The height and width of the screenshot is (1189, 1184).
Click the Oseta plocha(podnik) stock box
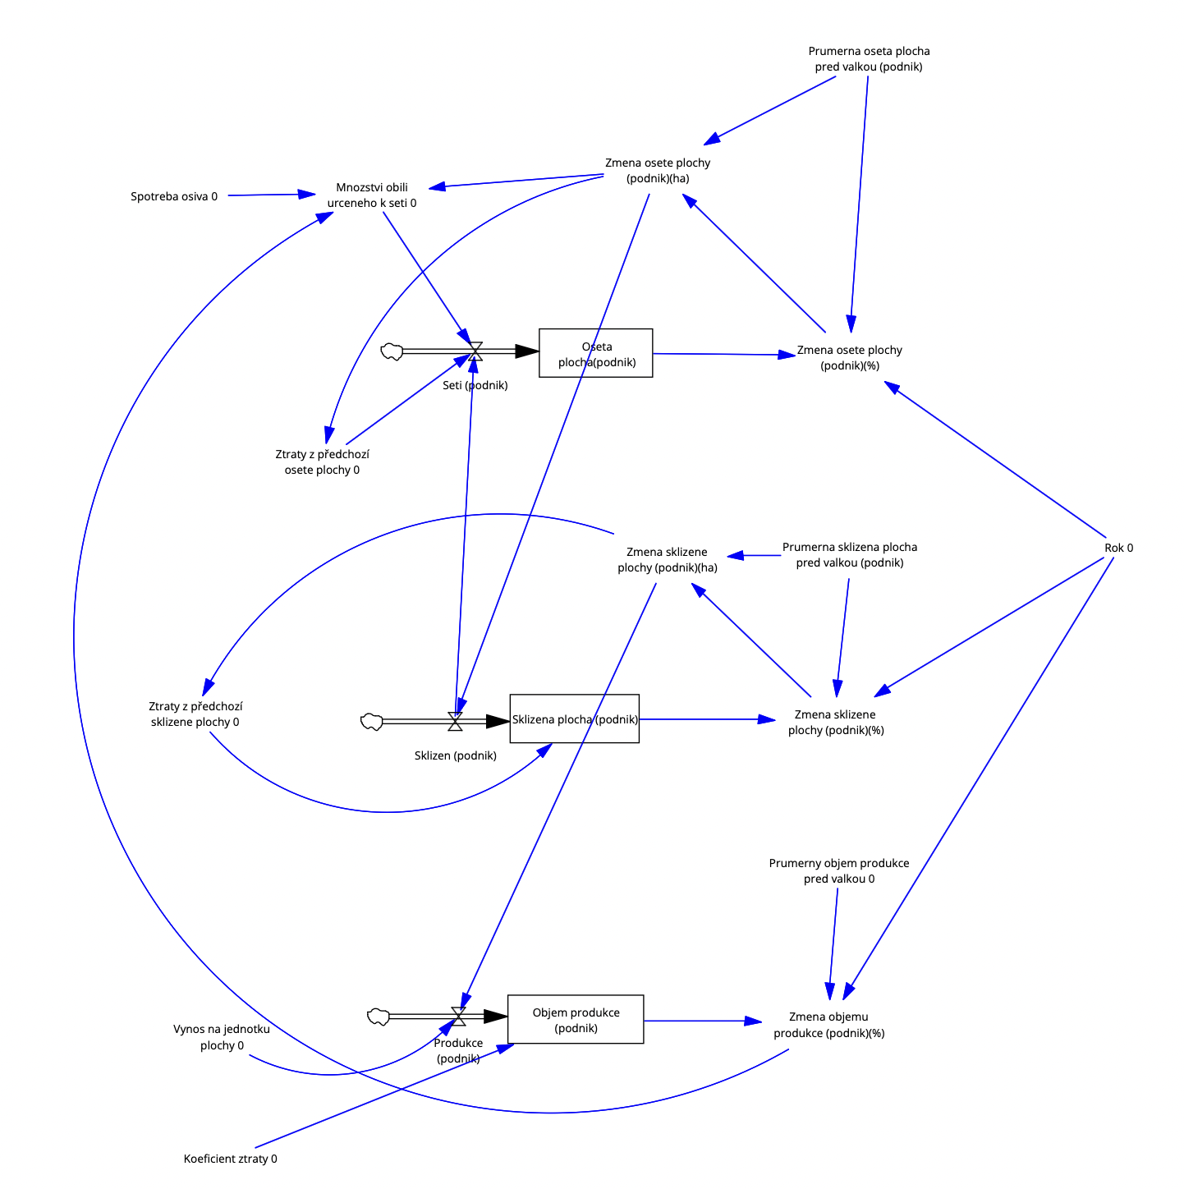pyautogui.click(x=595, y=353)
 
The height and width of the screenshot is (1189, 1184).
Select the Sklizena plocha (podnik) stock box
pyautogui.click(x=574, y=718)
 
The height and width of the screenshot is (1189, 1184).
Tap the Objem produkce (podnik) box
pyautogui.click(x=575, y=1019)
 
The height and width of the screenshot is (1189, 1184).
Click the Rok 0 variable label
pyautogui.click(x=1118, y=548)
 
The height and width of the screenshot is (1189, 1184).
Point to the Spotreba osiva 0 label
pyautogui.click(x=174, y=196)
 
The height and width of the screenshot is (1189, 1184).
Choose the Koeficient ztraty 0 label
pyautogui.click(x=230, y=1159)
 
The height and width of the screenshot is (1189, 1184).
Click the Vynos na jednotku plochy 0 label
pyautogui.click(x=222, y=1037)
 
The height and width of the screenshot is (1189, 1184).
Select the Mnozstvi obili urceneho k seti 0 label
pyautogui.click(x=372, y=195)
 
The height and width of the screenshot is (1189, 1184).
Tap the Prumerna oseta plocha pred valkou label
pyautogui.click(x=869, y=59)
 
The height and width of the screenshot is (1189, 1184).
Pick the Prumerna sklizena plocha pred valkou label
pyautogui.click(x=850, y=554)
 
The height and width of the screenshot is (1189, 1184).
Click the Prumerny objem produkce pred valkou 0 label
pyautogui.click(x=839, y=870)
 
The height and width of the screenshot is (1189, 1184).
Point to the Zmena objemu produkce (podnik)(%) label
pyautogui.click(x=828, y=1025)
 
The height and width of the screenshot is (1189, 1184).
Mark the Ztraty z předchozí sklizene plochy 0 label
pyautogui.click(x=195, y=714)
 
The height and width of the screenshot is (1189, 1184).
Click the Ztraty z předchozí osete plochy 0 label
pyautogui.click(x=322, y=461)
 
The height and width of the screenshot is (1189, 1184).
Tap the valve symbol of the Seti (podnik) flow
pyautogui.click(x=475, y=351)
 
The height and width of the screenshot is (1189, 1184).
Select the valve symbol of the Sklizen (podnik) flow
pyautogui.click(x=455, y=721)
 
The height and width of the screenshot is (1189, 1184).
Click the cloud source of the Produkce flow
pyautogui.click(x=378, y=1017)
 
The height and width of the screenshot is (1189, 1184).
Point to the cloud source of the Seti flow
pyautogui.click(x=392, y=352)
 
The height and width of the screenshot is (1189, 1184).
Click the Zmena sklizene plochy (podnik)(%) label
pyautogui.click(x=836, y=722)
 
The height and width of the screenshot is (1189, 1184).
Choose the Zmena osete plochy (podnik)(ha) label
pyautogui.click(x=658, y=170)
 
